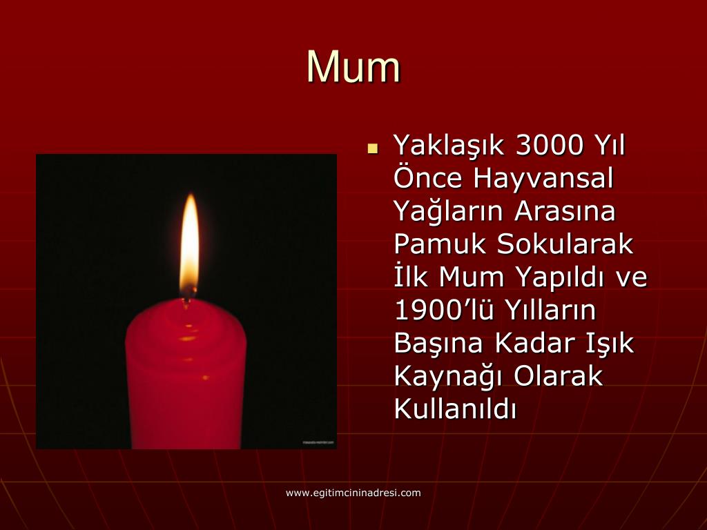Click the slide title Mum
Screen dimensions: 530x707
click(353, 67)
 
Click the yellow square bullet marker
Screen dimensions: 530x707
click(374, 148)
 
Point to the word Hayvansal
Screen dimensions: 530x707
click(543, 179)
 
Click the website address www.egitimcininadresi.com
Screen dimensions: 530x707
click(353, 493)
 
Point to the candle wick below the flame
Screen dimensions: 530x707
click(188, 295)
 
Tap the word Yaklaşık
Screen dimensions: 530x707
click(449, 147)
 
